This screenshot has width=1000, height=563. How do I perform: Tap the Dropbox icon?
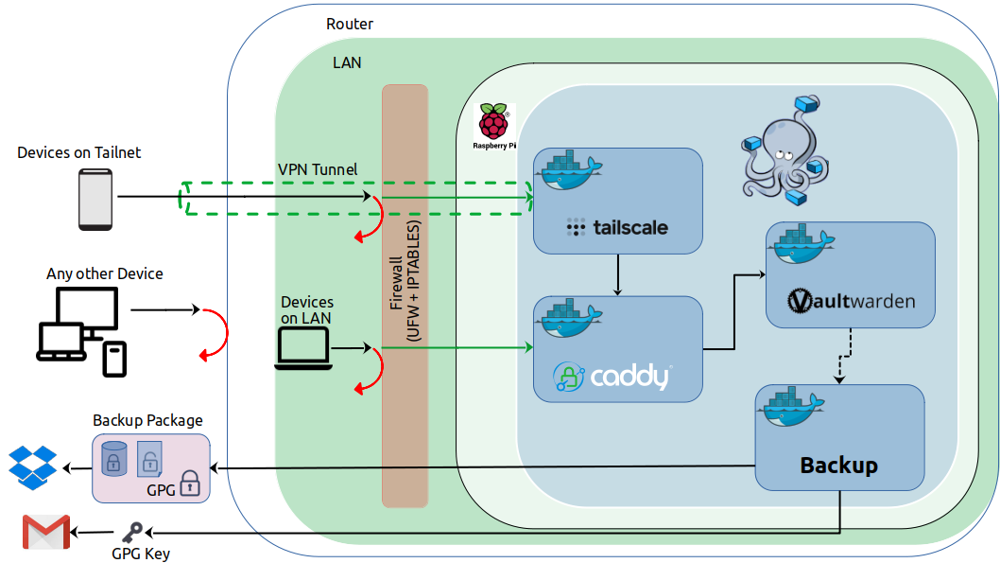(x=32, y=468)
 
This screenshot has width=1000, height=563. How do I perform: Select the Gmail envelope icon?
(x=45, y=534)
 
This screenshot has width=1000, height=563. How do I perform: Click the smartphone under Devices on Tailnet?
(x=95, y=200)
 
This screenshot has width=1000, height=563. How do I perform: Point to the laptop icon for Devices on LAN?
(x=302, y=348)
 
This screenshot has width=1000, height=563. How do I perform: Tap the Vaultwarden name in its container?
(x=851, y=302)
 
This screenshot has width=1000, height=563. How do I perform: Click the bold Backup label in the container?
(x=838, y=466)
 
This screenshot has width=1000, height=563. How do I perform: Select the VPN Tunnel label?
(x=318, y=169)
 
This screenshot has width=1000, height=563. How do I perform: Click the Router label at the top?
(x=350, y=24)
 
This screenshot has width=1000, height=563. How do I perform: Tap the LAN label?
(x=347, y=63)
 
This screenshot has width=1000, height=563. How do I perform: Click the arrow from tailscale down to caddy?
(x=617, y=274)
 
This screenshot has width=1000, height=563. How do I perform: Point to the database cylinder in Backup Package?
(x=113, y=458)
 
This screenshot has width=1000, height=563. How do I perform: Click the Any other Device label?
(x=105, y=273)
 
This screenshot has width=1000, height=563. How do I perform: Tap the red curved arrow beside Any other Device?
(x=216, y=333)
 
